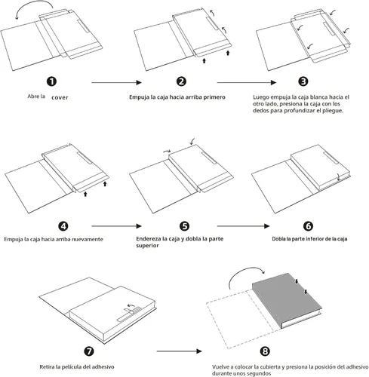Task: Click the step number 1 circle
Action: click(51, 81)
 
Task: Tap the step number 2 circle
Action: click(181, 81)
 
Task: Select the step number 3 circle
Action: click(303, 81)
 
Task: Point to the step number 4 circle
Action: click(63, 226)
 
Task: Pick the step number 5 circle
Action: click(184, 226)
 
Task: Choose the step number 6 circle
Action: click(308, 226)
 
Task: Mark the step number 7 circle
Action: click(89, 351)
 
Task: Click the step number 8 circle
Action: click(265, 351)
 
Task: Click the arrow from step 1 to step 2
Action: click(117, 82)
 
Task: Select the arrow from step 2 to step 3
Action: click(247, 82)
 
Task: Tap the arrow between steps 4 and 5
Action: click(117, 226)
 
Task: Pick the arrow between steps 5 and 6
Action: click(243, 226)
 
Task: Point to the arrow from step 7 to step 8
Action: click(180, 351)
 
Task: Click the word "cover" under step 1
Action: click(60, 97)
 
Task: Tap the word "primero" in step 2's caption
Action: click(214, 97)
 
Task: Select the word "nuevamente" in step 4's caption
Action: click(88, 239)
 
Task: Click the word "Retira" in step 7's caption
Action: click(47, 367)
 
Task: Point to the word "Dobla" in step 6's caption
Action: click(278, 239)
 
